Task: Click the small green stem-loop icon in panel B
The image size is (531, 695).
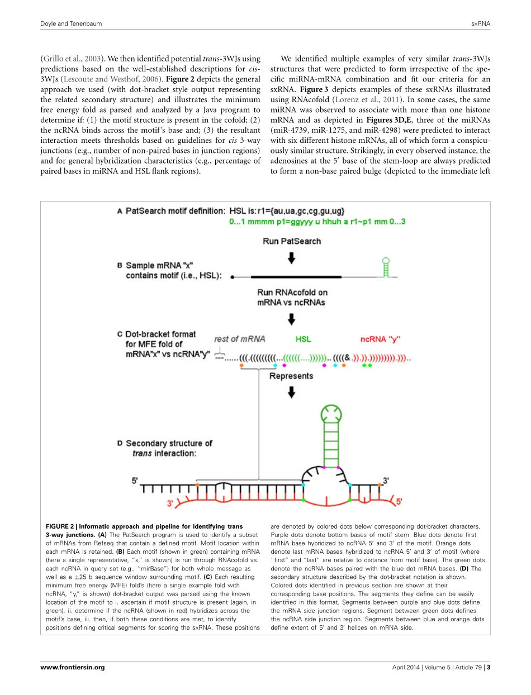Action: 384,266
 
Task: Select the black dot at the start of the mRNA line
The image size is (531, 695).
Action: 233,276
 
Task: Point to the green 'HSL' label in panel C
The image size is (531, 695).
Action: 303,339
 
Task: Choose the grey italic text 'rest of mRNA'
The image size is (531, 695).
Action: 239,339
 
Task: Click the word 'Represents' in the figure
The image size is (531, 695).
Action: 291,376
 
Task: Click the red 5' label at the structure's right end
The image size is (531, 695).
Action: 399,501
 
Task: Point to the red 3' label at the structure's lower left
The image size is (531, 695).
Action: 170,503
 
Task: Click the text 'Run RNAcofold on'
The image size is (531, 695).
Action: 292,292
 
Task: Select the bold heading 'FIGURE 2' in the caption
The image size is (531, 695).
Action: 59,526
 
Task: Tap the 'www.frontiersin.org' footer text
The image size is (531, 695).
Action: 73,667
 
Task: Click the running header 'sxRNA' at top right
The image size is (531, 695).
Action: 481,24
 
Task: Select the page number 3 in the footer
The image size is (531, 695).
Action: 489,667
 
